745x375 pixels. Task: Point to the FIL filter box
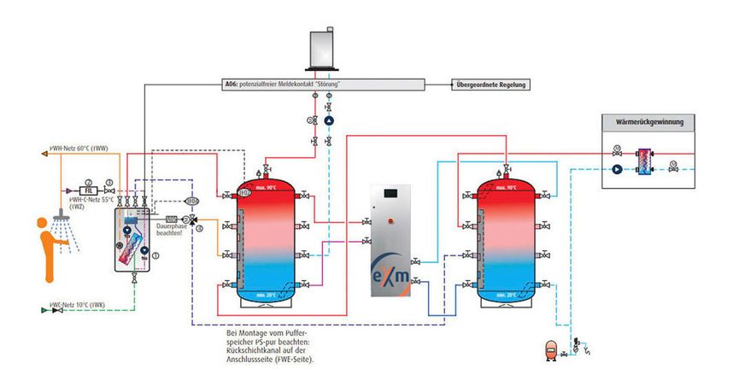pyautogui.click(x=87, y=190)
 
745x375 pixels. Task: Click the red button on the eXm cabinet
pyautogui.click(x=392, y=220)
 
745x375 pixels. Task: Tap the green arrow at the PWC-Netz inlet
pyautogui.click(x=44, y=309)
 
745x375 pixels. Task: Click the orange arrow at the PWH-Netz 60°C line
pyautogui.click(x=44, y=154)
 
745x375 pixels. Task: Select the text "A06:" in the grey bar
pyautogui.click(x=228, y=85)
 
